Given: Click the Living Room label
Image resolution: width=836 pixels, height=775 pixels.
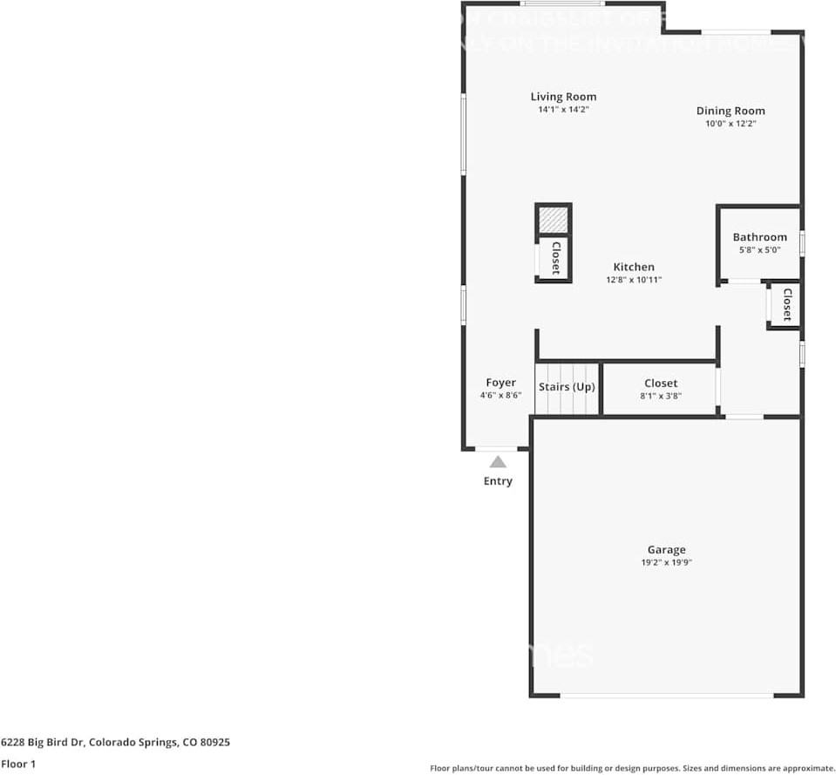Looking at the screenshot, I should (563, 97).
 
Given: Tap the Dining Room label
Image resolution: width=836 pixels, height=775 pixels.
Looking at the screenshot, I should (731, 111).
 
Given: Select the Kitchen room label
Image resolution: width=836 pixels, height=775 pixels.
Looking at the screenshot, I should (634, 267).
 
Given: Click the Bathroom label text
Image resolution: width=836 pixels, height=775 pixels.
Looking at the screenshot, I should (759, 237).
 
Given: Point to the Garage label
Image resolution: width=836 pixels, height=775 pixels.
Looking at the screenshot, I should (666, 549).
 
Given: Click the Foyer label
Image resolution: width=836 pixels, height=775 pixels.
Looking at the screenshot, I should (500, 383).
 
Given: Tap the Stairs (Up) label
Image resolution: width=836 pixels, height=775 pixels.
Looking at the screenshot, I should (567, 386).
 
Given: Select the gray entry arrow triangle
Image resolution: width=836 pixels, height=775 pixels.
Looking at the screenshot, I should (498, 462).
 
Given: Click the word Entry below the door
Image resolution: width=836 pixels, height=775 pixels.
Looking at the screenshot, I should (498, 481).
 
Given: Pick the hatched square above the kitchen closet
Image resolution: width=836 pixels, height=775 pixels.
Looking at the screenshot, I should (553, 220).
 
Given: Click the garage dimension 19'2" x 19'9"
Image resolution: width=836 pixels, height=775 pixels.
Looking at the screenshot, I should (666, 562).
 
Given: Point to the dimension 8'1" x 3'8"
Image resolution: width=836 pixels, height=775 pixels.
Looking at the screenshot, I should (661, 396).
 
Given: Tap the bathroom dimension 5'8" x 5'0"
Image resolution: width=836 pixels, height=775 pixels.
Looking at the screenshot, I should (759, 249).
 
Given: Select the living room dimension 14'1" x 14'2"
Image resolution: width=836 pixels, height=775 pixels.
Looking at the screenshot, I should (563, 110).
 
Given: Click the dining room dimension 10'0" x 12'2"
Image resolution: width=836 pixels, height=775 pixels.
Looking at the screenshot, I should (731, 124).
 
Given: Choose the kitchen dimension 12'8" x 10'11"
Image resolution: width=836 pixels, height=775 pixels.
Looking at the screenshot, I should (634, 280).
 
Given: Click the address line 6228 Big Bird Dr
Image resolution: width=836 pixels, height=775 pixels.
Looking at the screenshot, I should (115, 743).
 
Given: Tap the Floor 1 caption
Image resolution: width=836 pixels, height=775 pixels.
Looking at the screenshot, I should (19, 764).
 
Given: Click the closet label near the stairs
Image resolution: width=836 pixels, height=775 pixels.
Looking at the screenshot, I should (661, 383).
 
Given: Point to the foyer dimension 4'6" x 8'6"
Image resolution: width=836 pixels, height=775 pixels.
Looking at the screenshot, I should (500, 396).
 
